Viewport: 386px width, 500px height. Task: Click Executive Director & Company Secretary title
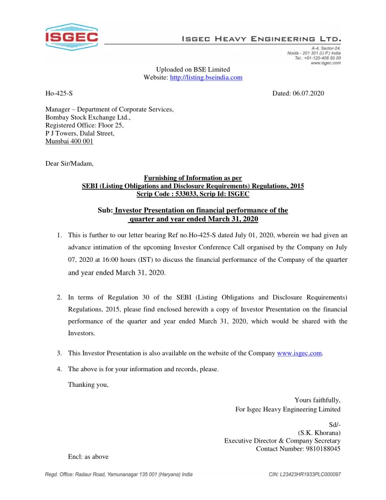pos(283,440)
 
